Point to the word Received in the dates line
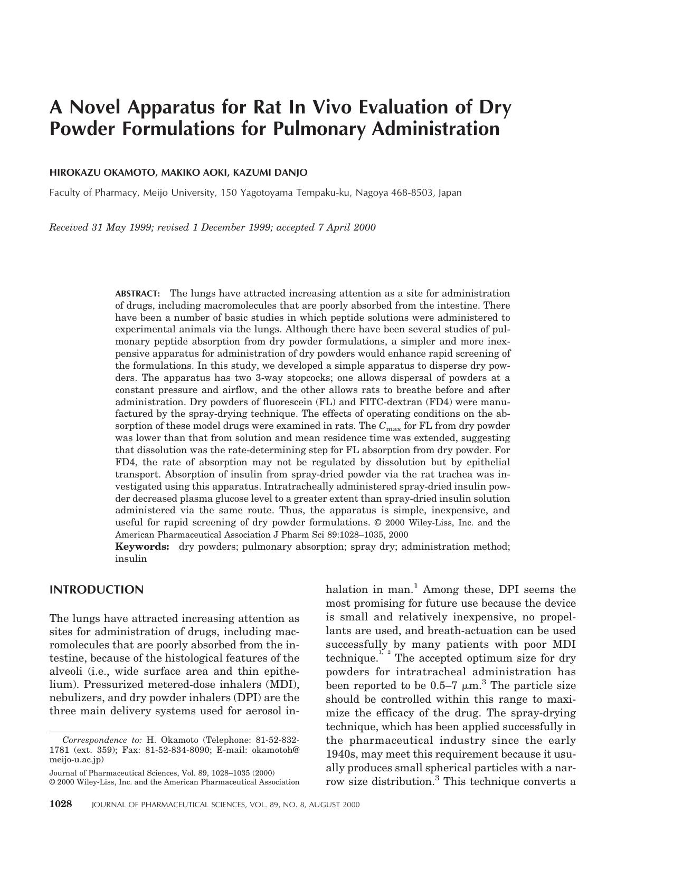tap(69, 227)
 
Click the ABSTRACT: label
tap(137, 293)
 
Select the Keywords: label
tap(142, 547)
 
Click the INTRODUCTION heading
tap(96, 590)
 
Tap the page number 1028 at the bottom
tap(60, 804)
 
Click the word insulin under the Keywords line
tap(131, 559)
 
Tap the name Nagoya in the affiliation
tap(372, 193)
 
